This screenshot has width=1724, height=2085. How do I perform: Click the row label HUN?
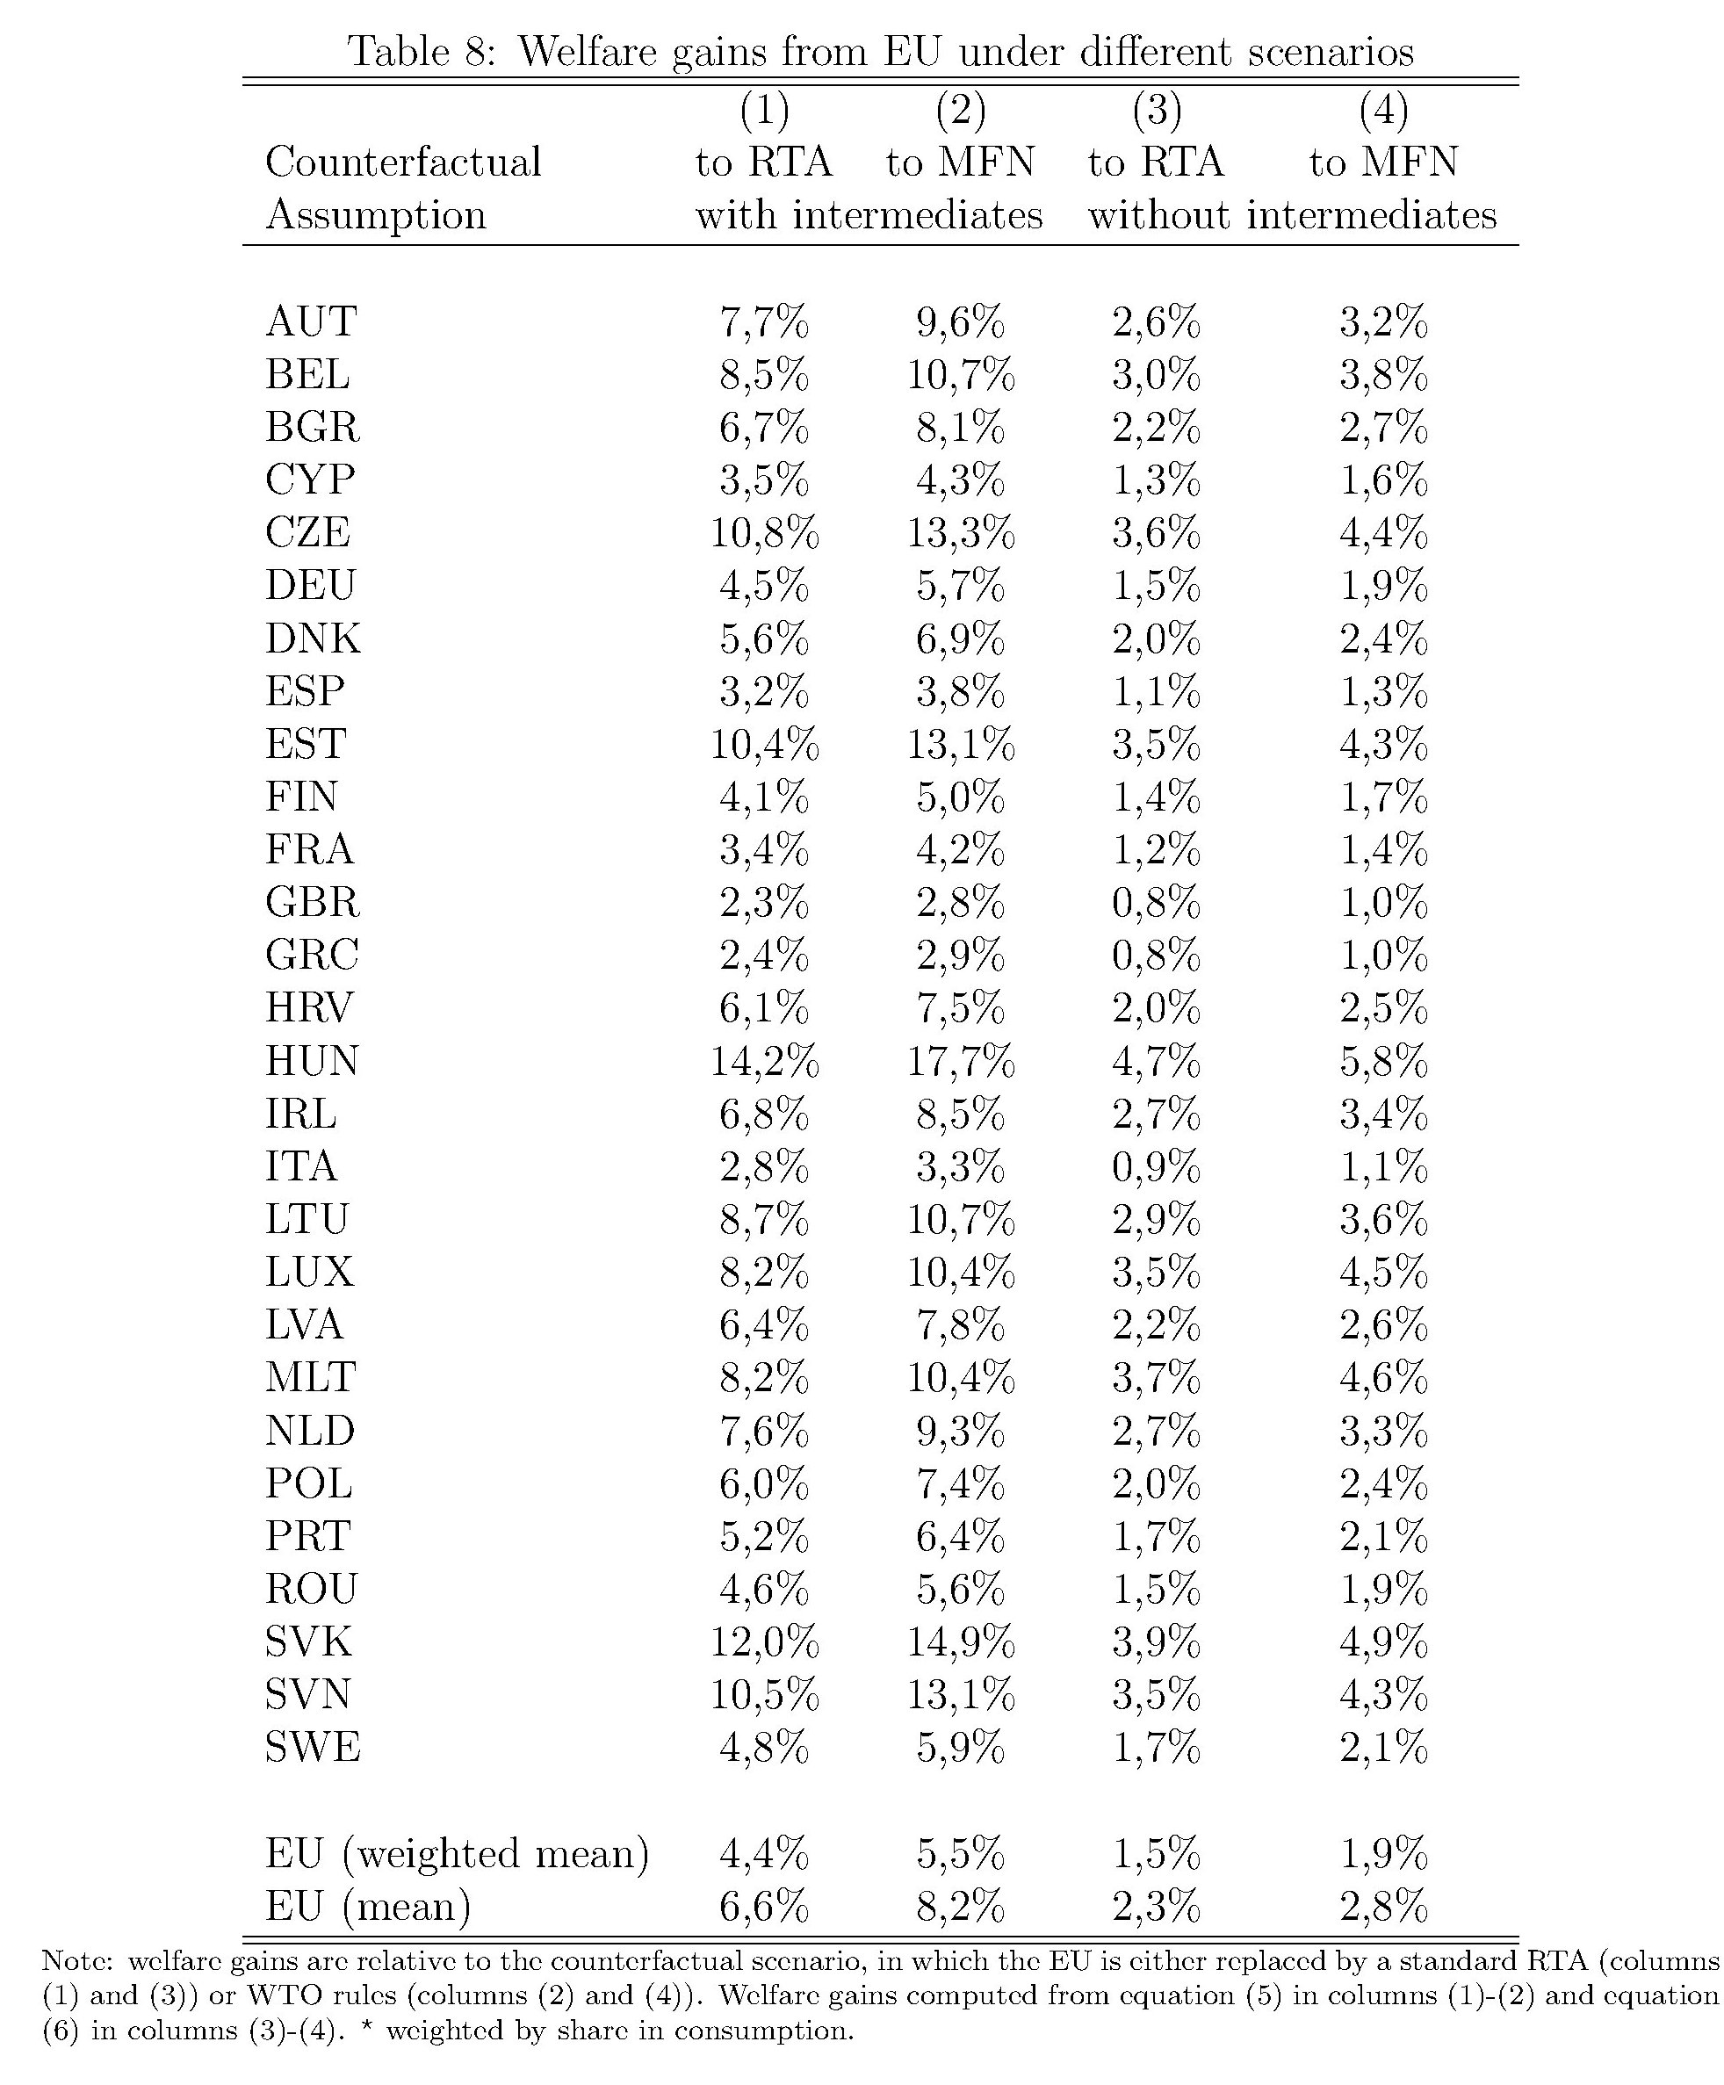tap(311, 1061)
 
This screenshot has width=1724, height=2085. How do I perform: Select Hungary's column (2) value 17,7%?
tap(960, 1061)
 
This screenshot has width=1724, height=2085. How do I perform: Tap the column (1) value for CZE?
tap(764, 533)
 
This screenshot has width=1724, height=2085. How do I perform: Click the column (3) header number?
tap(1156, 109)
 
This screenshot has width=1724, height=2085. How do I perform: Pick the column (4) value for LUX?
tap(1383, 1273)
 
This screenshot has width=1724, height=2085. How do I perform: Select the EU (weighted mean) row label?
tap(457, 1854)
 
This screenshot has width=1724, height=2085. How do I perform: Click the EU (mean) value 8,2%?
tap(960, 1907)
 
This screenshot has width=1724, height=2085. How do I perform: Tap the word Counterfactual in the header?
tap(403, 162)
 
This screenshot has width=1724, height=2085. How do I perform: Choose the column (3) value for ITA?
tap(1156, 1166)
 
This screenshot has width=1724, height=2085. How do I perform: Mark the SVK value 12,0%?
tap(764, 1642)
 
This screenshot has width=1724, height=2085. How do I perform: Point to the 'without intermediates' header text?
tap(1292, 215)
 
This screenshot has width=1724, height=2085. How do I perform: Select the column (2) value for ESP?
tap(960, 692)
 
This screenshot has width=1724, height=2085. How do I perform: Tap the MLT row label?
tap(310, 1378)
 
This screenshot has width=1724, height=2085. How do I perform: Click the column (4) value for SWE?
tap(1383, 1748)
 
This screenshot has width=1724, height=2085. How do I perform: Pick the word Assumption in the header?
tap(375, 215)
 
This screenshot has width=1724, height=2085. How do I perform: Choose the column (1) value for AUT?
tap(764, 322)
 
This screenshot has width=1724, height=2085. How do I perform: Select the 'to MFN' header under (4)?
tap(1383, 162)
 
